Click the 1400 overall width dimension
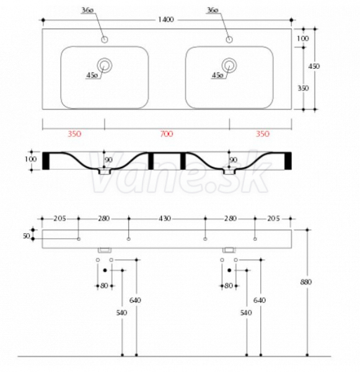[166, 19]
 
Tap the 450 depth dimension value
[314, 66]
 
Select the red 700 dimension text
[167, 134]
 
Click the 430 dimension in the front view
[165, 218]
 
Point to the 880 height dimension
[306, 282]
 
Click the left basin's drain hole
[104, 65]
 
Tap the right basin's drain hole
[229, 65]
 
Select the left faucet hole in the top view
[104, 40]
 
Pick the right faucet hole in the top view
[229, 40]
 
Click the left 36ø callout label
[87, 10]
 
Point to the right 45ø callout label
[217, 75]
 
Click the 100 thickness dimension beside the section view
[30, 159]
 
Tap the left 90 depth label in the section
[108, 160]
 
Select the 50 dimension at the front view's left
[26, 236]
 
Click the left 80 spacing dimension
[104, 286]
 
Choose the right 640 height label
[260, 300]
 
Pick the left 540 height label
[121, 312]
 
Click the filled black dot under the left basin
[105, 270]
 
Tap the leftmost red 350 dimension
[74, 134]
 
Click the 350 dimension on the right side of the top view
[303, 88]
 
